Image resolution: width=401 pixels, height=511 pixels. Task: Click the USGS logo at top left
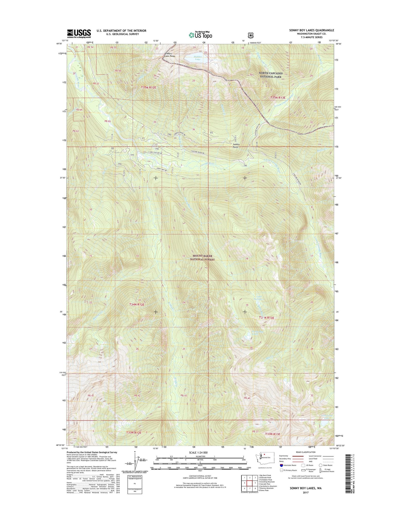click(x=79, y=34)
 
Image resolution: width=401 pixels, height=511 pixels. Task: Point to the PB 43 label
click(x=184, y=395)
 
